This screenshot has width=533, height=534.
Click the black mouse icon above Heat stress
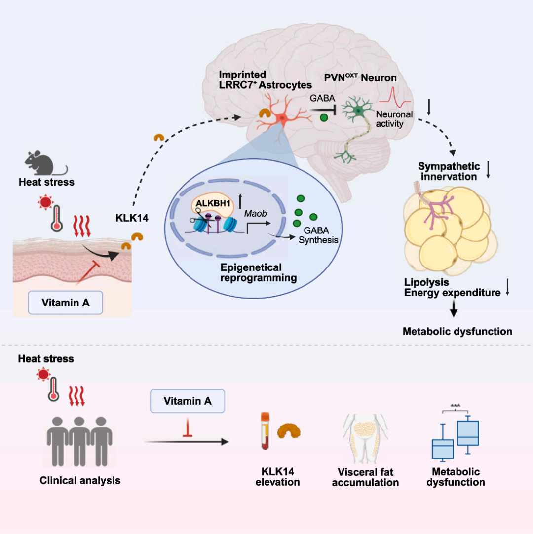point(44,163)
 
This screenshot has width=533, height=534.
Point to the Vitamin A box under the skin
point(66,303)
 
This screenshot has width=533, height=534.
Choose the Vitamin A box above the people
point(188,401)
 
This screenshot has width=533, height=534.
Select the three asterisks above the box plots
point(455,406)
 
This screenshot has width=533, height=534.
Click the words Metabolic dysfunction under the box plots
point(456,477)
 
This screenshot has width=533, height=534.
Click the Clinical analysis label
point(80,480)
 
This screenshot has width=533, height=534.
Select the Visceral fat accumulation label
point(365,477)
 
